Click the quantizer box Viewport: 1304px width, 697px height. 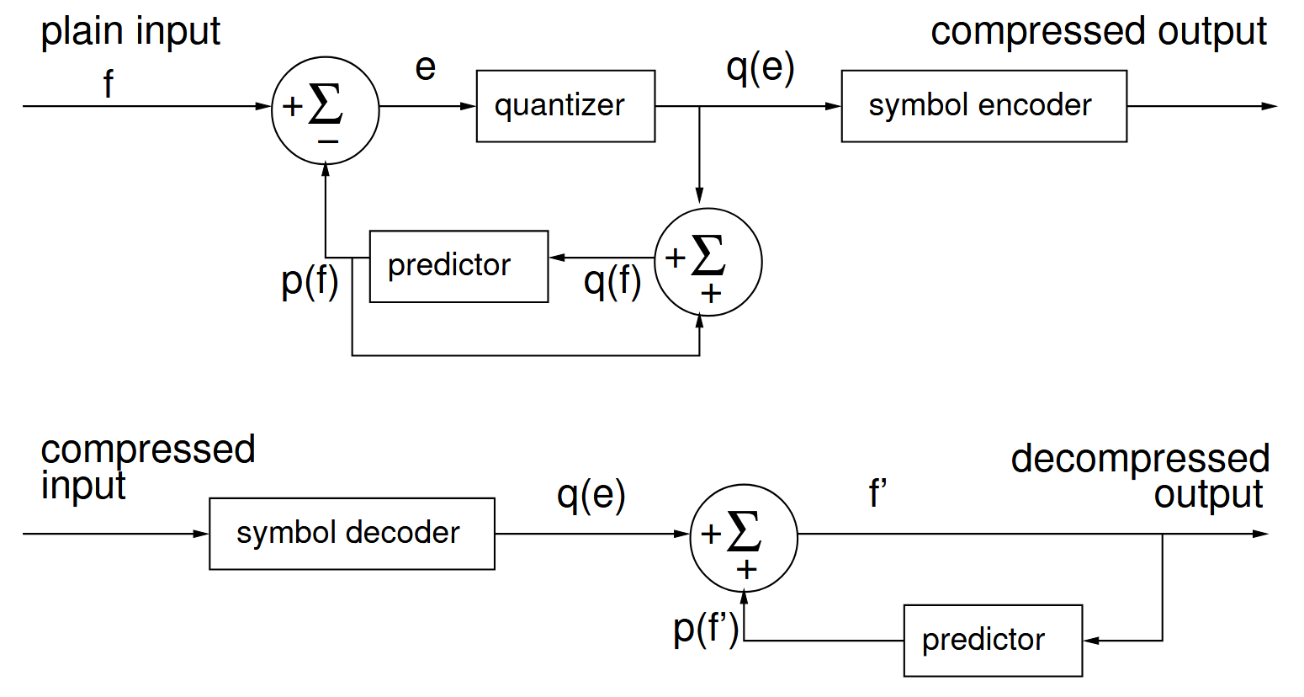pos(565,106)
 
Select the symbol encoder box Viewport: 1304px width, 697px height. pos(983,106)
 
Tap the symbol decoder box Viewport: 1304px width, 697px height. pos(352,534)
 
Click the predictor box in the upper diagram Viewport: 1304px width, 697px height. pos(459,266)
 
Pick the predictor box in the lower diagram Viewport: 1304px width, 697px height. pos(993,640)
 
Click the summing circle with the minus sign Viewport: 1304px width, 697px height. pos(326,109)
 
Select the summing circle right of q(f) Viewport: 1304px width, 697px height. pos(708,262)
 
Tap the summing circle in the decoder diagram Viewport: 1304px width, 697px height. pos(744,537)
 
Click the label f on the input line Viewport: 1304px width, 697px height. pos(108,84)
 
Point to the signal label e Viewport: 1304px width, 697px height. pos(426,67)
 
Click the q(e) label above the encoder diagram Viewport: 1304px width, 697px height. pos(760,68)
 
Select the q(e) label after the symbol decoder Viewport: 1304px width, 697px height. pos(591,495)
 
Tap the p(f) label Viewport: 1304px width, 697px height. pos(310,280)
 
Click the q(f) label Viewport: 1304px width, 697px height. pos(612,280)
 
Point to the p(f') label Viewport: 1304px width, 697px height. pos(706,628)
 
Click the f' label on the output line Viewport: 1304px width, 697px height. pos(878,494)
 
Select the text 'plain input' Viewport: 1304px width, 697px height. pos(130,32)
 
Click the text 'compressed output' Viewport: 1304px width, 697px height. pos(1098,32)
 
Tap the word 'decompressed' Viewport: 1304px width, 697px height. pos(1140,460)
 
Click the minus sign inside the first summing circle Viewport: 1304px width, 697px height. pos(328,141)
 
